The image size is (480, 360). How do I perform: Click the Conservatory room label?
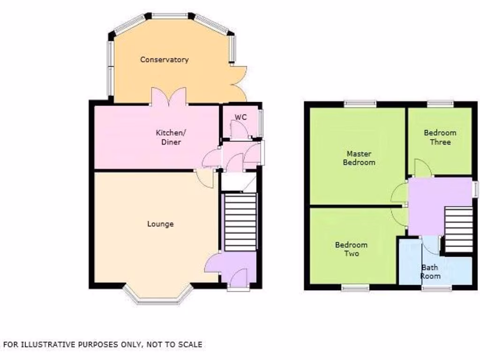[x=164, y=60]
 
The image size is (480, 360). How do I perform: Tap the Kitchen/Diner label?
[x=168, y=137]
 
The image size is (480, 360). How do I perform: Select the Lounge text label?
[x=160, y=224]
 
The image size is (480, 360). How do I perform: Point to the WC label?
[x=240, y=117]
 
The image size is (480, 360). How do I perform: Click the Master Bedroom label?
[x=359, y=158]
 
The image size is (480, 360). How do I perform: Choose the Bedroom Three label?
[x=440, y=137]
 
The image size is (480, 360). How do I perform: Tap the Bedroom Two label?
[x=351, y=249]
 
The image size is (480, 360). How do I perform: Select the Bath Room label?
[x=430, y=272]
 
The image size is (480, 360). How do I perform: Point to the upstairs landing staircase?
[x=458, y=230]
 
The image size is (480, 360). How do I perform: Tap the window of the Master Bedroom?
[x=360, y=103]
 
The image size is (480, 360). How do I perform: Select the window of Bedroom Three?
[x=440, y=104]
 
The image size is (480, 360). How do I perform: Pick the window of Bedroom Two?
[x=354, y=287]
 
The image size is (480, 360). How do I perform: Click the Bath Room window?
[x=436, y=287]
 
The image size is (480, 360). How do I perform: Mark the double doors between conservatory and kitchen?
[x=168, y=97]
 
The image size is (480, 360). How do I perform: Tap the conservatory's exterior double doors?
[x=237, y=78]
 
